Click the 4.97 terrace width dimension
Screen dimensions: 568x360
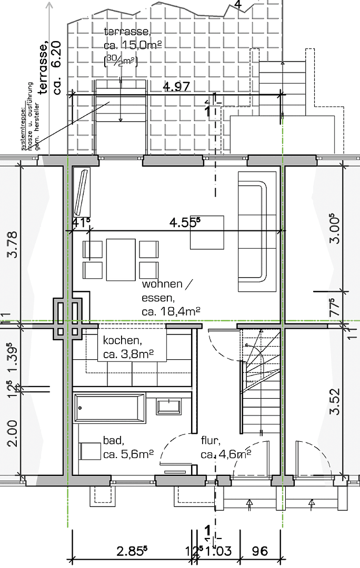point(176,87)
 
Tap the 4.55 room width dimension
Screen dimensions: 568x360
point(185,223)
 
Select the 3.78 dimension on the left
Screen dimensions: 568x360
point(15,245)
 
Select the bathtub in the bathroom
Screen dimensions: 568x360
point(110,408)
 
